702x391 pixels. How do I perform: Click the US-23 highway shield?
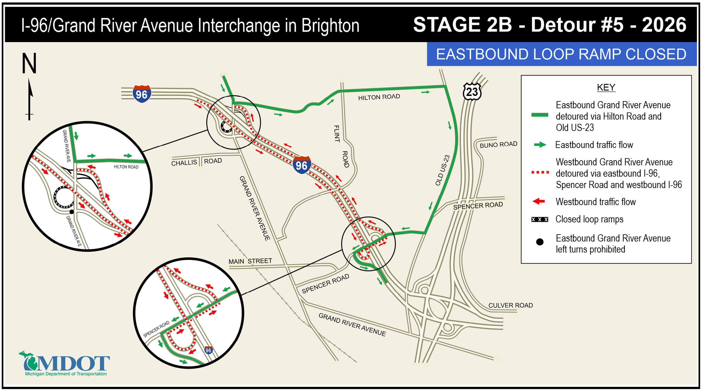coord(472,91)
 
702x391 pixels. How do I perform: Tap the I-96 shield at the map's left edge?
coord(142,94)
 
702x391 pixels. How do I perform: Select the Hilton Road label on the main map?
coord(379,97)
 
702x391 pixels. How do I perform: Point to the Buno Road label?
coord(498,145)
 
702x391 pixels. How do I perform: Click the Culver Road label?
coord(510,305)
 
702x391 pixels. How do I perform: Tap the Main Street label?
coord(250,261)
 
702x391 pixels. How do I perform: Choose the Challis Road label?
coord(196,162)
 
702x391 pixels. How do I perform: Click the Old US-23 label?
coord(442,171)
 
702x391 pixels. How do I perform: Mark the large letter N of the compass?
coord(29,63)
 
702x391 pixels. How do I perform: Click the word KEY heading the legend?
coord(606,88)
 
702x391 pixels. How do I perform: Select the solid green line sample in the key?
coord(540,115)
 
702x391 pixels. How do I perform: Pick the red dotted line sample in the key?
coord(540,173)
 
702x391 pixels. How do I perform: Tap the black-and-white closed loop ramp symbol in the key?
coord(540,220)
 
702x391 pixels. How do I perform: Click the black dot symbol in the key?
coord(540,242)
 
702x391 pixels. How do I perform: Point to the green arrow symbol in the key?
coord(540,145)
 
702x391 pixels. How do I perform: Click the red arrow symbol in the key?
coord(539,202)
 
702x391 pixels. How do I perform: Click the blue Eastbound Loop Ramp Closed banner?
coord(561,54)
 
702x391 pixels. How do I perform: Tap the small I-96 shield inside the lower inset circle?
coord(208,350)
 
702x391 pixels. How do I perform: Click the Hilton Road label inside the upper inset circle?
coord(126,167)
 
